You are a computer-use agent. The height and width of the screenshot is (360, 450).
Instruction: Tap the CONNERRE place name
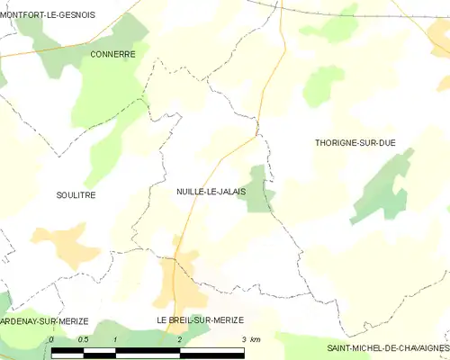112,54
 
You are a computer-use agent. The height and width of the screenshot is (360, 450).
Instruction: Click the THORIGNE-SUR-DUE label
355,143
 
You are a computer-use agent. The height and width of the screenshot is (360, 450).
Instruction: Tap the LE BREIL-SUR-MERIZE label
200,320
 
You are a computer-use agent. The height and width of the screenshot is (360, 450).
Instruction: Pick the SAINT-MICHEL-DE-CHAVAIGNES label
387,347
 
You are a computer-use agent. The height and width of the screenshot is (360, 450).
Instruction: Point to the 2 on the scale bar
180,338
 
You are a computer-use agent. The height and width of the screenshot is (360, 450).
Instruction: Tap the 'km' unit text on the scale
256,338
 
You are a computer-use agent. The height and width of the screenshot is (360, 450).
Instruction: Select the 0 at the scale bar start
52,338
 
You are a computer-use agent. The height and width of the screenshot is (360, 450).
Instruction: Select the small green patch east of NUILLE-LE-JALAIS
259,189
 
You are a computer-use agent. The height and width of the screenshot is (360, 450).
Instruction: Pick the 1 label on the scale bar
116,338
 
